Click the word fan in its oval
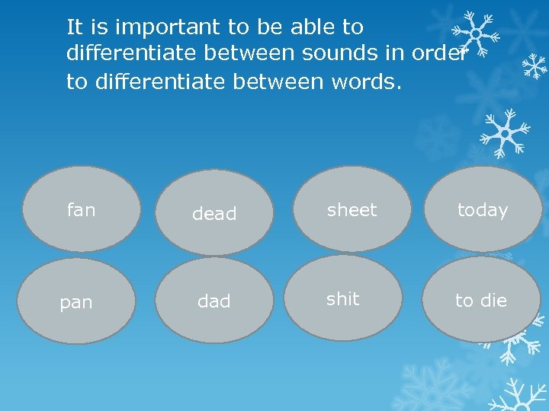pyautogui.click(x=81, y=210)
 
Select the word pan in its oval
pyautogui.click(x=76, y=303)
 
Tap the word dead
pyautogui.click(x=214, y=215)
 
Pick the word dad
pyautogui.click(x=213, y=302)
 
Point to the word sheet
pyautogui.click(x=352, y=210)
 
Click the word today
pyautogui.click(x=482, y=210)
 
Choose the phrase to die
pyautogui.click(x=481, y=301)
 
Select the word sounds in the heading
pyautogui.click(x=335, y=54)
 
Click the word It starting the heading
pyautogui.click(x=75, y=27)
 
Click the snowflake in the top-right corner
pyautogui.click(x=535, y=67)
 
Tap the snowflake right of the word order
pyautogui.click(x=474, y=35)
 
